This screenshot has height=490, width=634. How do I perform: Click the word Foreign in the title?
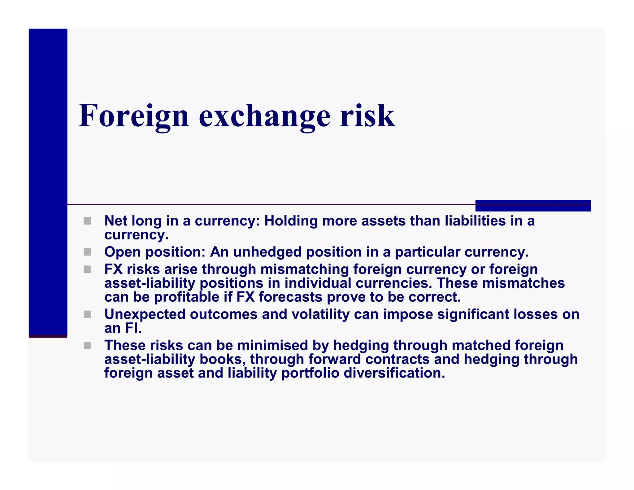(x=133, y=116)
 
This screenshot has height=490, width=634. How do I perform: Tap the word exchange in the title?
(x=265, y=116)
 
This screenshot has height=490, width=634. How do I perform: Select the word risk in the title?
(x=367, y=116)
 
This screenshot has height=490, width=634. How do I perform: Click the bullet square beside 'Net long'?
(x=88, y=221)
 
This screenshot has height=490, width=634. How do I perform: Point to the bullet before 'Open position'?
(x=88, y=252)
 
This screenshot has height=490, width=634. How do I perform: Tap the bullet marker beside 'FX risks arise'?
(x=88, y=269)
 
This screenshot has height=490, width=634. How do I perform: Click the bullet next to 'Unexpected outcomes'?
(x=88, y=314)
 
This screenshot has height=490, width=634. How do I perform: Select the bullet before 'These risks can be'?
(x=88, y=346)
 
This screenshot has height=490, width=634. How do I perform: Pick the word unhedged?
(x=267, y=252)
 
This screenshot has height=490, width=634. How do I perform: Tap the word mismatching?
(x=305, y=269)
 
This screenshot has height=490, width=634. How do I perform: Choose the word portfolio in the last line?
(x=310, y=373)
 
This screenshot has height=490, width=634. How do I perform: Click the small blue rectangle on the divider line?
(x=533, y=206)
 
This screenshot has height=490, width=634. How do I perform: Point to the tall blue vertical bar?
(x=48, y=183)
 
